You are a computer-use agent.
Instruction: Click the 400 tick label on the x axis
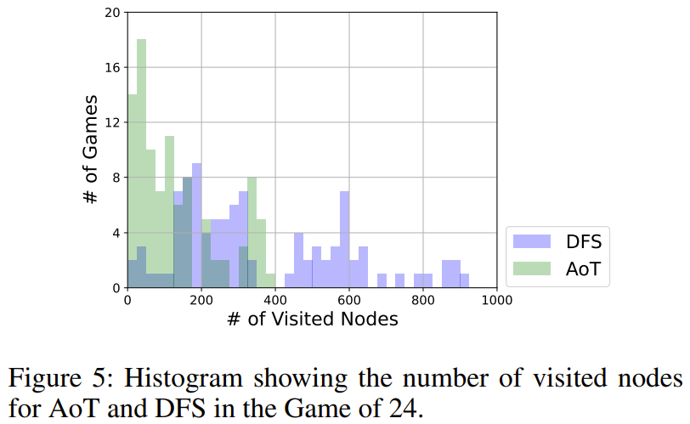[274, 300]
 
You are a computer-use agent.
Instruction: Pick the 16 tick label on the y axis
[111, 67]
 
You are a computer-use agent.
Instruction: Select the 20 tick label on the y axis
[111, 13]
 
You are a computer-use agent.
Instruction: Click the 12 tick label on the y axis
[111, 122]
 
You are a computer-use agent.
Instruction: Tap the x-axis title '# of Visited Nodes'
[312, 320]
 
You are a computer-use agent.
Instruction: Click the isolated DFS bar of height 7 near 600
[344, 238]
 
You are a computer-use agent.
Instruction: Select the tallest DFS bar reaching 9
[197, 225]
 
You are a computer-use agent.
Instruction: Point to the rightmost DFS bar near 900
[465, 280]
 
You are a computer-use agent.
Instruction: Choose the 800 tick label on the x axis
[422, 300]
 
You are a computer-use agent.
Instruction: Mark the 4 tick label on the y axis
[116, 233]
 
